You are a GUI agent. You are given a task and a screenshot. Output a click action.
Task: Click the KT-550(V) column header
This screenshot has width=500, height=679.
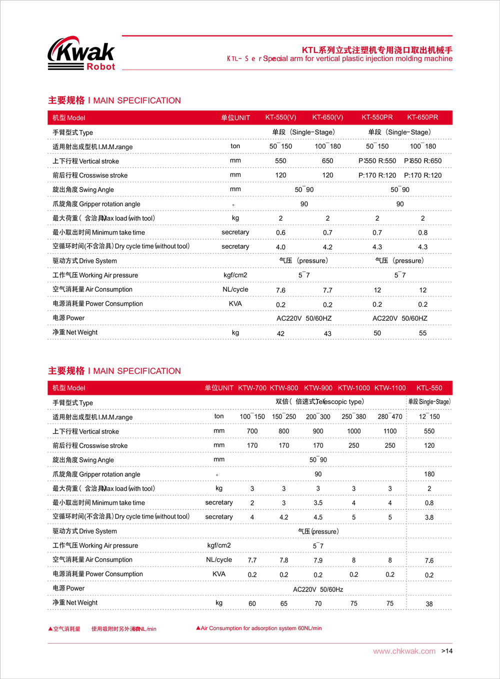pyautogui.click(x=280, y=118)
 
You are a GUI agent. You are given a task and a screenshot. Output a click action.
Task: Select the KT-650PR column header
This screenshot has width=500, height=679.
pyautogui.click(x=422, y=118)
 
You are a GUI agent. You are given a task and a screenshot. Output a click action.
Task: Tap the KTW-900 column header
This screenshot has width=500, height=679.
pyautogui.click(x=318, y=388)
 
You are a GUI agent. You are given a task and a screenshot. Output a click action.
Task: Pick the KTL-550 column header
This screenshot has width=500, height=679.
pyautogui.click(x=429, y=388)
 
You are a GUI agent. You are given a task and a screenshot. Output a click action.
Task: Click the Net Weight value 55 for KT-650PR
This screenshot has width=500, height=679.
pyautogui.click(x=422, y=333)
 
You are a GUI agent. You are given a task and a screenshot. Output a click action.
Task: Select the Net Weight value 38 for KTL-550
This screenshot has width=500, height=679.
pyautogui.click(x=429, y=604)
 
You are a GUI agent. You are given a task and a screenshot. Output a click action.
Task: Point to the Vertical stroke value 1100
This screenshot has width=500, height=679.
pyautogui.click(x=390, y=431)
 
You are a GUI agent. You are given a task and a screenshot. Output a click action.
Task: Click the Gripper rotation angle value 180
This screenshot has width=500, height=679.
pyautogui.click(x=429, y=474)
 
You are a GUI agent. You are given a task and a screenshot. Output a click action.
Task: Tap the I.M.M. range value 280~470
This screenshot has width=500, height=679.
pyautogui.click(x=390, y=417)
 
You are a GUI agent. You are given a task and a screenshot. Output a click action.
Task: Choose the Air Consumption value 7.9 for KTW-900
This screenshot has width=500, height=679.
pyautogui.click(x=318, y=560)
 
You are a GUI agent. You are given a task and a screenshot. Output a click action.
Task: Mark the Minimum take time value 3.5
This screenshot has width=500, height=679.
pyautogui.click(x=318, y=503)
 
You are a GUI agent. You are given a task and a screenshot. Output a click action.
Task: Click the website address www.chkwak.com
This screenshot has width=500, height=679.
pyautogui.click(x=404, y=651)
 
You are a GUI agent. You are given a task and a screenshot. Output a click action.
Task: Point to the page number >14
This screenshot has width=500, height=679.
pyautogui.click(x=447, y=651)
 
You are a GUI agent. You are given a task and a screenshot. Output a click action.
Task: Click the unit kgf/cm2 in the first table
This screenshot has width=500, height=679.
pyautogui.click(x=235, y=275)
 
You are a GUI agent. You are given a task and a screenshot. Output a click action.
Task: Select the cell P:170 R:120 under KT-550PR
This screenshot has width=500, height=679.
pyautogui.click(x=377, y=176)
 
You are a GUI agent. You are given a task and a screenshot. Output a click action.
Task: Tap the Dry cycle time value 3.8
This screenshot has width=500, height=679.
pyautogui.click(x=429, y=517)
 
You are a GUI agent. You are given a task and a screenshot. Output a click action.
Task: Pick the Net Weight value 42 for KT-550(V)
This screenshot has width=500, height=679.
pyautogui.click(x=280, y=333)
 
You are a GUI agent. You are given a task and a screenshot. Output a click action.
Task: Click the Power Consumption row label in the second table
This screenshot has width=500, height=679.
pyautogui.click(x=97, y=574)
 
